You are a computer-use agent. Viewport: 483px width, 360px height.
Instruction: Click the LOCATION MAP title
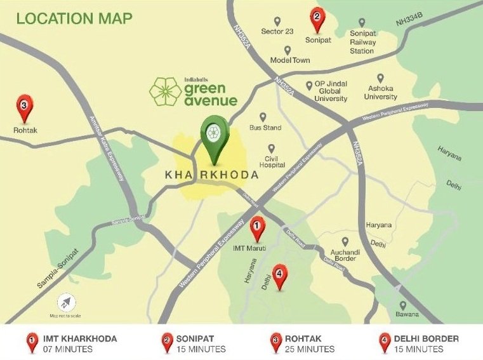click(74, 18)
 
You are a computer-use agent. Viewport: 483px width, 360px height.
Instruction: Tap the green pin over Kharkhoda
click(214, 134)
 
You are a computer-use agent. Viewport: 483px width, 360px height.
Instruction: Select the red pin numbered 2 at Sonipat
click(317, 18)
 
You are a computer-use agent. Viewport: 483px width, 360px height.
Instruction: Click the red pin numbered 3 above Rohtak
click(23, 107)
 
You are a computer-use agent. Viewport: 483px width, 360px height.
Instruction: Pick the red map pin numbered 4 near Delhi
click(279, 274)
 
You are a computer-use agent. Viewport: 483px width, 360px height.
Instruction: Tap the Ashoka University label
click(380, 93)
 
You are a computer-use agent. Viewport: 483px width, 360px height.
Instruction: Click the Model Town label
click(289, 60)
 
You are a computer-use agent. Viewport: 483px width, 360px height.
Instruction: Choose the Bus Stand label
click(265, 128)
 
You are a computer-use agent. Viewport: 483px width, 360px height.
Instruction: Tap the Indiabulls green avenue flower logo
click(164, 91)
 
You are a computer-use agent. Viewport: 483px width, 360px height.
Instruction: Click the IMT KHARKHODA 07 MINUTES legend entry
click(71, 343)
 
